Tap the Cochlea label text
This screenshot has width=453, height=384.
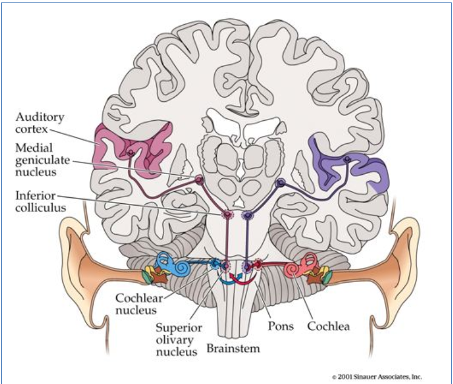pyautogui.click(x=329, y=326)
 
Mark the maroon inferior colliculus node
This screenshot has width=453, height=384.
pyautogui.click(x=228, y=215)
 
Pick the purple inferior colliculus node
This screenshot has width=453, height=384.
pyautogui.click(x=247, y=215)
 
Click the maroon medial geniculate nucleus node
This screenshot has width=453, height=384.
pyautogui.click(x=198, y=179)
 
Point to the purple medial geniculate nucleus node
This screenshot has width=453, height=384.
pyautogui.click(x=280, y=181)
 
